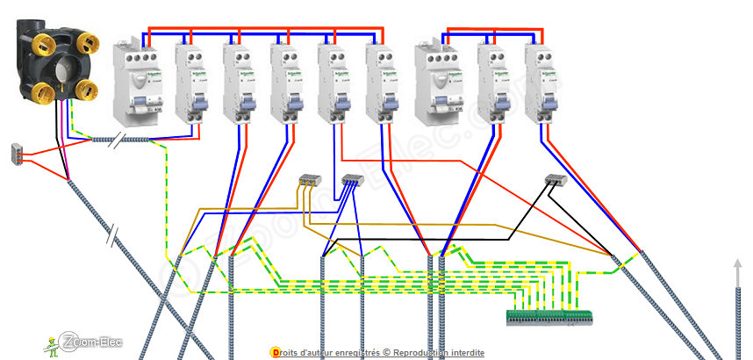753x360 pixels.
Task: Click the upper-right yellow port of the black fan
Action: pos(89,43)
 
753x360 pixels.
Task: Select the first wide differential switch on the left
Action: pos(135,83)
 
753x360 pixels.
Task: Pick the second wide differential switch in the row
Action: pos(437,83)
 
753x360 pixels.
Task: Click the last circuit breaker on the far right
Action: pos(541,83)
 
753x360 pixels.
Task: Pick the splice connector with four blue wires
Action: pos(351,181)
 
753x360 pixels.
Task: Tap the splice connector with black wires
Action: pos(554,180)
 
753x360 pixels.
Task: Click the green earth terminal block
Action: pos(549,317)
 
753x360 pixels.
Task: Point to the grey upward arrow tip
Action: pos(736,263)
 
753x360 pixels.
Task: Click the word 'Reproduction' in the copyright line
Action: pos(422,352)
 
